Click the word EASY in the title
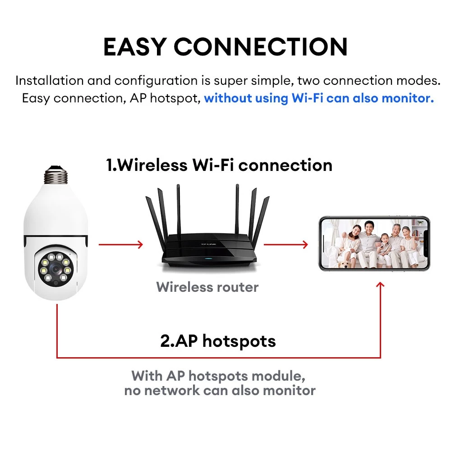tap(134, 47)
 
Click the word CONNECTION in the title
tap(261, 47)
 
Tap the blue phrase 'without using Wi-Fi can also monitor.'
tap(319, 98)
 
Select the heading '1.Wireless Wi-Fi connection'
tap(219, 165)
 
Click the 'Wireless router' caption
tap(207, 287)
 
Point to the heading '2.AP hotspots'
tap(218, 341)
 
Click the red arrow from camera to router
tap(120, 245)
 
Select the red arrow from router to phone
tap(285, 245)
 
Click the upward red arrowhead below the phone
tap(380, 285)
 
